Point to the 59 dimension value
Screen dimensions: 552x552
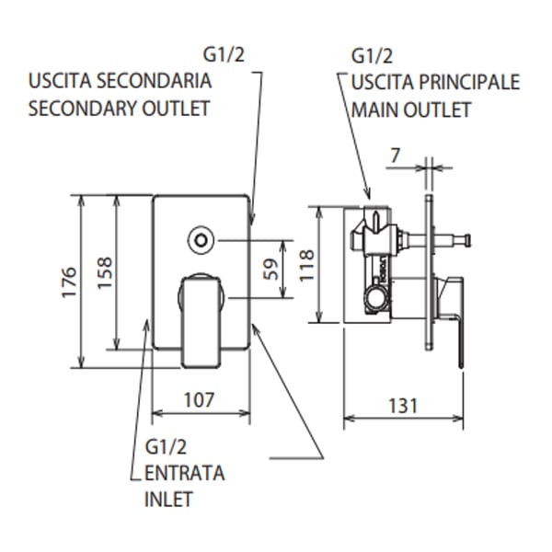tap(270, 269)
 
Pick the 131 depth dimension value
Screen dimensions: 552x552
tap(402, 405)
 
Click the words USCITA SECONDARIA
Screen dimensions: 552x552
tap(121, 82)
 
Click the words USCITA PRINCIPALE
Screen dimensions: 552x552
tap(434, 82)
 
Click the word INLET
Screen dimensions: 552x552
tap(169, 500)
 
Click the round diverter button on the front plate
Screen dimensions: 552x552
tap(199, 241)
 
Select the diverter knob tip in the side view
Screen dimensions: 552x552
tap(468, 242)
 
